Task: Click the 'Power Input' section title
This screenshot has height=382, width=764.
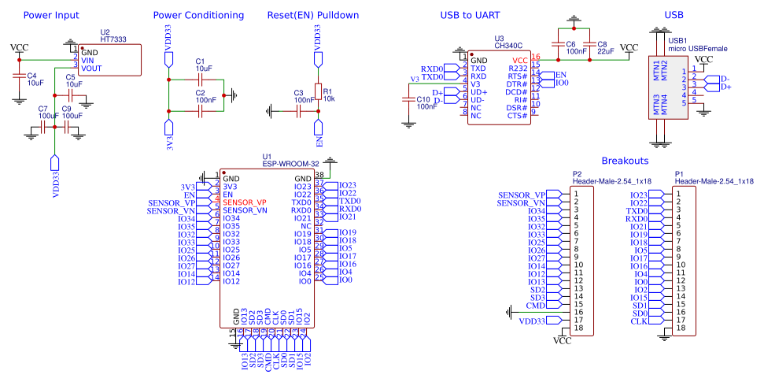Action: pyautogui.click(x=51, y=15)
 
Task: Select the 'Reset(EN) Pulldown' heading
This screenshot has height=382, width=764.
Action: pyautogui.click(x=313, y=15)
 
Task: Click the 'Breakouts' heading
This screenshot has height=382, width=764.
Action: pyautogui.click(x=625, y=160)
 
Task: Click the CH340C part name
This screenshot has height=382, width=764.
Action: pyautogui.click(x=509, y=46)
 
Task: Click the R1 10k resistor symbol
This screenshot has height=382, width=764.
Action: pyautogui.click(x=318, y=94)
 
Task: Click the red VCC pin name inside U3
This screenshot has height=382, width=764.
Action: pyautogui.click(x=519, y=60)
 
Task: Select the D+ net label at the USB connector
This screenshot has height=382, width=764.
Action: pyautogui.click(x=726, y=87)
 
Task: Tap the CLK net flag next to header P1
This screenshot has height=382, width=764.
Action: pyautogui.click(x=640, y=321)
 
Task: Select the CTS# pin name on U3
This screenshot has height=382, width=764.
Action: pyautogui.click(x=517, y=116)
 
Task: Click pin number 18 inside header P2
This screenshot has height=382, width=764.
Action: pyautogui.click(x=578, y=328)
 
